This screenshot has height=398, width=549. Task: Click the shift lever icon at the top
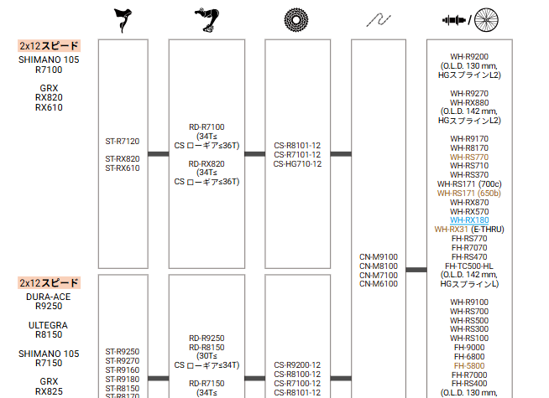[x=123, y=20]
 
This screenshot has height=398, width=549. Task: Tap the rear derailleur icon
[x=207, y=20]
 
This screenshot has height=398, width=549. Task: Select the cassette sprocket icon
[x=296, y=19]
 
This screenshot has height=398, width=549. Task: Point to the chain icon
[x=379, y=20]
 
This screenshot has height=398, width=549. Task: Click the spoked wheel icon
[x=486, y=19]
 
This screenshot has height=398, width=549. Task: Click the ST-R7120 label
[x=123, y=141]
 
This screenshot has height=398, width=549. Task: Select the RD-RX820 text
[x=207, y=163]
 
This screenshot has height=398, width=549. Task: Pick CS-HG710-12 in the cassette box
[x=297, y=163]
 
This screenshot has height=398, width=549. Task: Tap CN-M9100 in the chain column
[x=379, y=257]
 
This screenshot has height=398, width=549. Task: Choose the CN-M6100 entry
[x=379, y=284]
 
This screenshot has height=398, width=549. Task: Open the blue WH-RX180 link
[x=469, y=220]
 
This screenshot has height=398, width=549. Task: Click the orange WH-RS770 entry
[x=469, y=157]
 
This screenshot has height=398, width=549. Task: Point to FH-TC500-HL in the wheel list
[x=469, y=266]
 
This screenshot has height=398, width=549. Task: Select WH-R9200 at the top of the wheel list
[x=469, y=57]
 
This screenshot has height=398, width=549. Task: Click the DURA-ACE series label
[x=49, y=297]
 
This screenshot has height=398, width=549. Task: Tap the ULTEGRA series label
[x=49, y=325]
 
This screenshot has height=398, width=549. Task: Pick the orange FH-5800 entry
[x=469, y=366]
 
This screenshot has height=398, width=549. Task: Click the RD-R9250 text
[x=207, y=339]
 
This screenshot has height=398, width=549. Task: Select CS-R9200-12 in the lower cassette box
[x=297, y=365]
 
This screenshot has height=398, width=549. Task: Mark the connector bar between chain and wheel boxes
[x=416, y=270]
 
